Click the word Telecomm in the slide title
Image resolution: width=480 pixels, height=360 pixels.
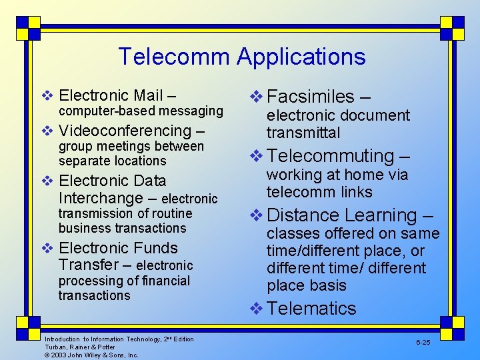click(x=174, y=57)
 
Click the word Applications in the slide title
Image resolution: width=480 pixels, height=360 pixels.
click(x=301, y=57)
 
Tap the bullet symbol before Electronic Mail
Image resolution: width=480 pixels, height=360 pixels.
click(x=47, y=95)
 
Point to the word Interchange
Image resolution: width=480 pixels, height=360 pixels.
click(x=101, y=198)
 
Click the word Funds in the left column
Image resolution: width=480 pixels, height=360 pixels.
click(x=155, y=248)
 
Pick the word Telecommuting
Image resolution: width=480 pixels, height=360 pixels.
click(x=330, y=156)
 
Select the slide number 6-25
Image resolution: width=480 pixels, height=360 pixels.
click(x=423, y=341)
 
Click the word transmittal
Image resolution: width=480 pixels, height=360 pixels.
click(x=303, y=133)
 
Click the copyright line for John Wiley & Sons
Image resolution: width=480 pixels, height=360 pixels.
click(x=91, y=355)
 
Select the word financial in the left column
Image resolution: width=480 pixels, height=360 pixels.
click(x=157, y=281)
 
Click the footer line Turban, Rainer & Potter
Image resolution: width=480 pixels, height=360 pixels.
click(x=80, y=347)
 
